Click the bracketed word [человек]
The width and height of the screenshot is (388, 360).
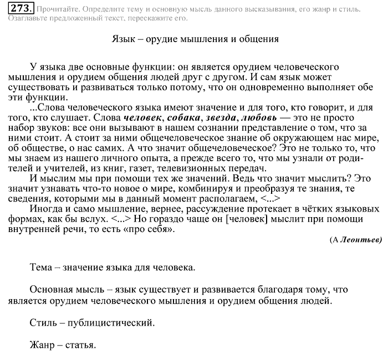[249, 219]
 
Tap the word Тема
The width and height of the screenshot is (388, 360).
[42, 268]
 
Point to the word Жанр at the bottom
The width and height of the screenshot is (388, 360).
[42, 345]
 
